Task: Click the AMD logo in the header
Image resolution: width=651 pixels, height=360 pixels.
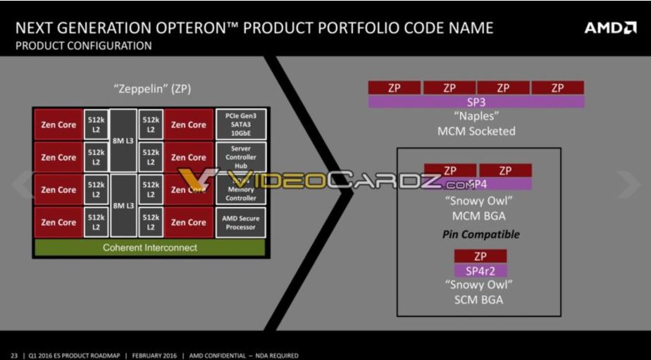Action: [610, 28]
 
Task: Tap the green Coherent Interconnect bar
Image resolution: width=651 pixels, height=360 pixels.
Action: [149, 247]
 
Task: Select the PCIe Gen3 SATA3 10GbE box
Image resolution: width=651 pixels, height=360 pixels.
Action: [240, 125]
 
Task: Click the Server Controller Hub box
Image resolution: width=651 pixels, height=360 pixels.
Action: [240, 157]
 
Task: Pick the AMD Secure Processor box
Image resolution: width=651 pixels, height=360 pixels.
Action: [240, 223]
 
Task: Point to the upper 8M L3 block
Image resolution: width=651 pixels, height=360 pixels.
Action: [123, 141]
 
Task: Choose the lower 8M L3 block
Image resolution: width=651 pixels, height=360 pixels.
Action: [123, 206]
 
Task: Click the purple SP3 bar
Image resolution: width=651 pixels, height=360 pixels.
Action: [476, 101]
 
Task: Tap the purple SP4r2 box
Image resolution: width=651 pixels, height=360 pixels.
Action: [480, 271]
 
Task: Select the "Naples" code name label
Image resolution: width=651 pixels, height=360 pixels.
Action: [476, 116]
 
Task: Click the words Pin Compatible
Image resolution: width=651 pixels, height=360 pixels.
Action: [480, 234]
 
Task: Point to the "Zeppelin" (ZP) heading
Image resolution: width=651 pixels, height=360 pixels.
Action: [152, 89]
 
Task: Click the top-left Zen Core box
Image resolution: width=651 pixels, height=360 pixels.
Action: [58, 125]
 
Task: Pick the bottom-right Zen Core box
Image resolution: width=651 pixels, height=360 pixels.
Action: [188, 223]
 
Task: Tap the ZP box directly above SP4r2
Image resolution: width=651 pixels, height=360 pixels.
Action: [480, 256]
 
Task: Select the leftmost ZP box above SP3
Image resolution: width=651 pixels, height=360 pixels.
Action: [395, 88]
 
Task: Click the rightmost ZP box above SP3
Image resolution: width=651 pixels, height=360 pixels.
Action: [557, 88]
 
